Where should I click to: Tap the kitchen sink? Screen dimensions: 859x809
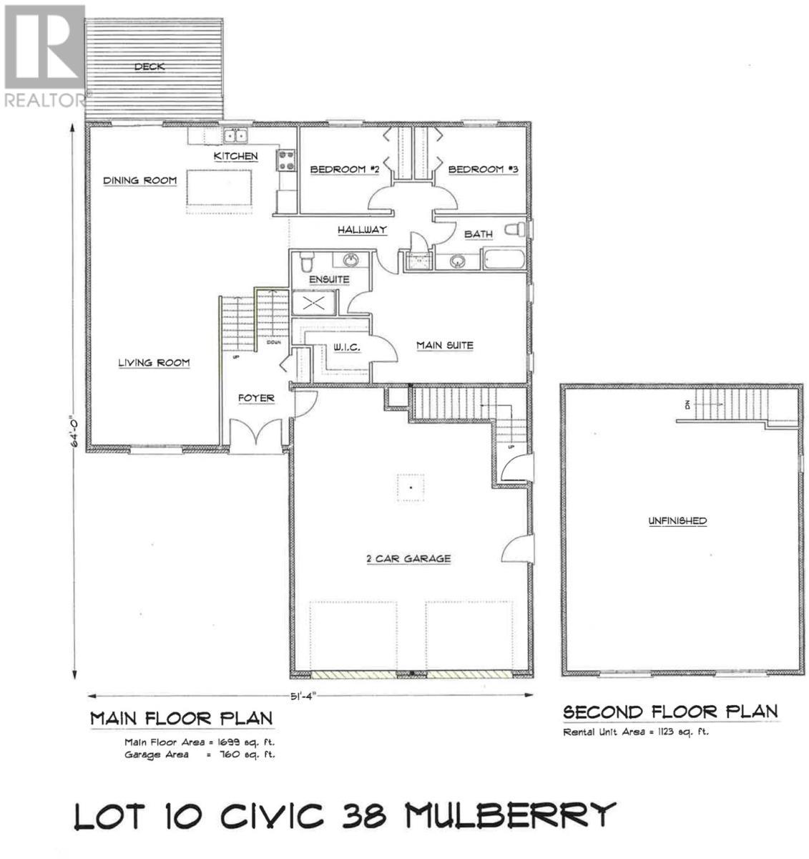(x=234, y=136)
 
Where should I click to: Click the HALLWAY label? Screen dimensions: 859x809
(x=362, y=230)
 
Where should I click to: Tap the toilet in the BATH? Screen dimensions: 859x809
(x=515, y=229)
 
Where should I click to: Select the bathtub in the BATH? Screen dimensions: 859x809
(x=505, y=259)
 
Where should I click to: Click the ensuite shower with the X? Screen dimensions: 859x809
(x=313, y=303)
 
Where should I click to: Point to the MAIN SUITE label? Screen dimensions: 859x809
(x=445, y=346)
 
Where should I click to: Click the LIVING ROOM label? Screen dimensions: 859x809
(x=154, y=363)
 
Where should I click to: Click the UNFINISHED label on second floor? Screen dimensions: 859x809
(x=677, y=520)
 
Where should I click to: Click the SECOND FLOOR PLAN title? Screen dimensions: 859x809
(x=670, y=712)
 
